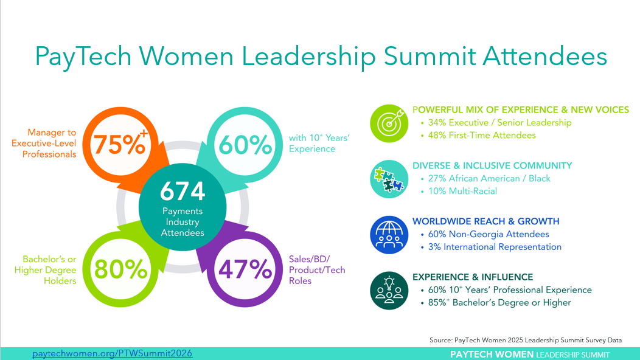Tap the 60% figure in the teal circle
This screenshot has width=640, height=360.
245,145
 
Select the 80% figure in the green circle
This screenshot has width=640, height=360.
121,269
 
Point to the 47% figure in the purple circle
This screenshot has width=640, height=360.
245,269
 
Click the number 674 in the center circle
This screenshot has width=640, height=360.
183,191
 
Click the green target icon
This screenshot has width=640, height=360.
389,123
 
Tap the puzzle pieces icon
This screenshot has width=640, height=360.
389,179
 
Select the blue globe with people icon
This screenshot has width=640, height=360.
389,235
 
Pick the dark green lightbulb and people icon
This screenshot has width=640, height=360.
389,291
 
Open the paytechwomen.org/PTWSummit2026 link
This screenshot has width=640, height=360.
113,353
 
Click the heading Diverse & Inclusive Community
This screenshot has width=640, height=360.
492,166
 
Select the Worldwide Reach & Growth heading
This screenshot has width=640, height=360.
485,221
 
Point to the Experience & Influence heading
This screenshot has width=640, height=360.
473,277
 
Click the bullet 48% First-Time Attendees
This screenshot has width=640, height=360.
482,135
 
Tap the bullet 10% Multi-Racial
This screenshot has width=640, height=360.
462,191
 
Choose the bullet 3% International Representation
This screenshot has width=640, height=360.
495,247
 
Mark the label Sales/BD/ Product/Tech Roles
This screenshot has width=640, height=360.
317,270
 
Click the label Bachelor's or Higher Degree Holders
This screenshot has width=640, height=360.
45,270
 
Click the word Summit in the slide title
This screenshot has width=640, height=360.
430,56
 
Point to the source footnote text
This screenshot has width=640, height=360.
526,340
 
